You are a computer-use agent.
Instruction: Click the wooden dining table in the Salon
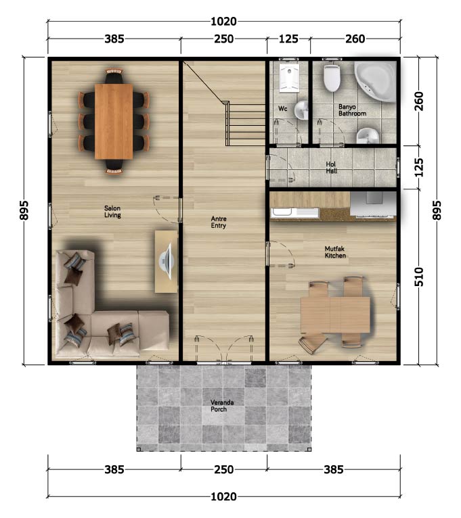(114, 122)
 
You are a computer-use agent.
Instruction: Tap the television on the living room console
(167, 261)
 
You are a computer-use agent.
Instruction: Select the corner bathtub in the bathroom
(376, 82)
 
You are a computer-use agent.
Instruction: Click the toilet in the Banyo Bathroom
(331, 78)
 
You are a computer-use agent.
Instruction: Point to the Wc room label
(282, 109)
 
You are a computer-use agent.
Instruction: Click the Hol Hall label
(331, 168)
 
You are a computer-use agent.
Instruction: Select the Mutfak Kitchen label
(335, 252)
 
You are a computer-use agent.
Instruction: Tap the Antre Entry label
(218, 222)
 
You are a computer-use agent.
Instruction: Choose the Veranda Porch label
(222, 406)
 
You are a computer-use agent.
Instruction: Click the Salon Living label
(112, 212)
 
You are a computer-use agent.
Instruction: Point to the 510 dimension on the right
(418, 277)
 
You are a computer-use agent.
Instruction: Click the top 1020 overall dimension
(223, 22)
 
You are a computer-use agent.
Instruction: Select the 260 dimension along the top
(355, 39)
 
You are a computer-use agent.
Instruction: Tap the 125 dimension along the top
(288, 39)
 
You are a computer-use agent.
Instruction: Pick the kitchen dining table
(335, 314)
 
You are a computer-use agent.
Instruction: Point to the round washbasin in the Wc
(301, 110)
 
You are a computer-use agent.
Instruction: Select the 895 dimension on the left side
(24, 210)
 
